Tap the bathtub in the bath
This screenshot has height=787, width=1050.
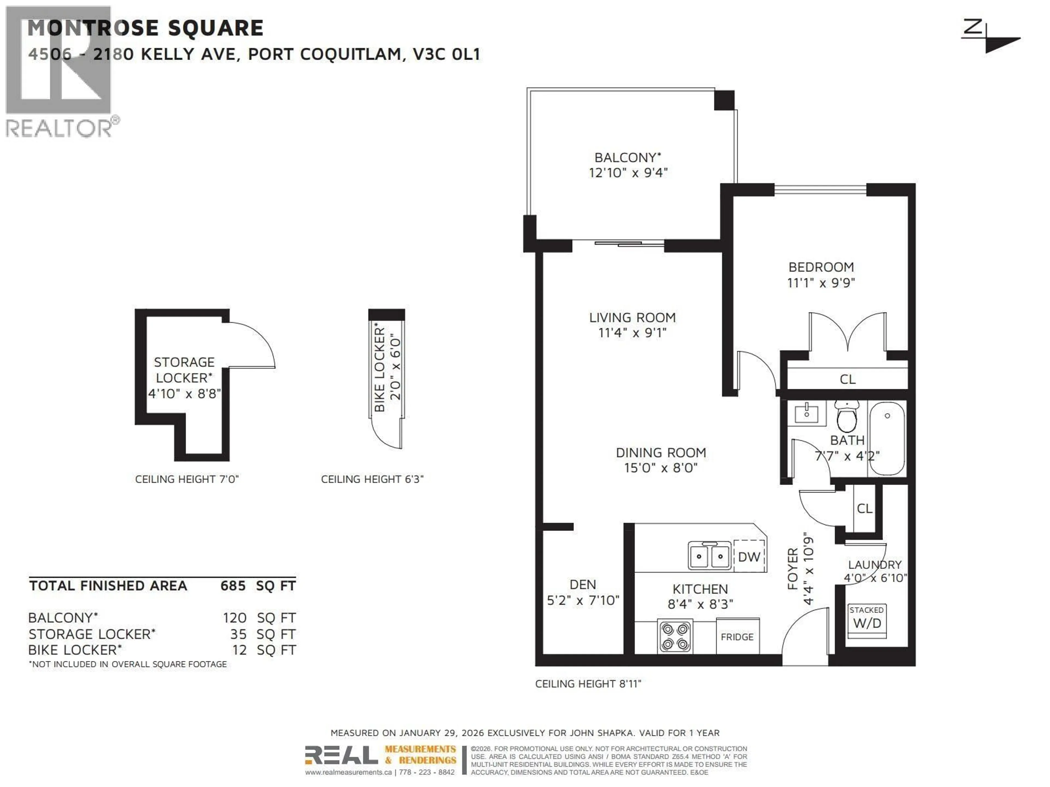pos(887,437)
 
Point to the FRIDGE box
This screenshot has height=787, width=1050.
pos(737,637)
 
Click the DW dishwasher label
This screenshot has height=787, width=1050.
pos(749,557)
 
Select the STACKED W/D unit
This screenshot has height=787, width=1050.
pos(867,619)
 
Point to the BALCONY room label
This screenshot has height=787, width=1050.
pos(628,157)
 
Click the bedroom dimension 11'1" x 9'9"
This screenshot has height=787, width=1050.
pos(821,283)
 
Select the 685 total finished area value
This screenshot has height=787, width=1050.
pos(233,586)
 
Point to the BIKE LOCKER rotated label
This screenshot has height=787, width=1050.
pos(379,368)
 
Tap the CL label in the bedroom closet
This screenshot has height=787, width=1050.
pos(847,379)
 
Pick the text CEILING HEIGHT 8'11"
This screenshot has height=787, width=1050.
pos(588,684)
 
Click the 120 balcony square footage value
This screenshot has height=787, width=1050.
pos(235,618)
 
